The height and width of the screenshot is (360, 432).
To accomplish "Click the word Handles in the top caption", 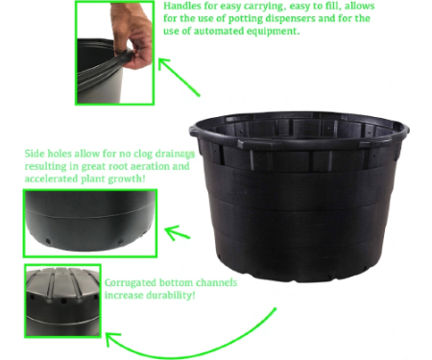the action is click(180, 6).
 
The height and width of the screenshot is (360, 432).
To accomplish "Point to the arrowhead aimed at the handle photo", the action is click(164, 64).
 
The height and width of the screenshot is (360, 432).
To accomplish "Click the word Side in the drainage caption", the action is click(35, 154).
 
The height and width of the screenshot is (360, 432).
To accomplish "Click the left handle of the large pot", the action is click(194, 131).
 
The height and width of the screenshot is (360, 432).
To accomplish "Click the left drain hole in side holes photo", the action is click(48, 241).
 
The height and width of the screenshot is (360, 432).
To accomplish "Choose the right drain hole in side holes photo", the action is click(120, 241).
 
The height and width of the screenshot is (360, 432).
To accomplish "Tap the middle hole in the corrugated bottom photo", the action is click(63, 301).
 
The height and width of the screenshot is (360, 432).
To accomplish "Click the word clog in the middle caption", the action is click(143, 154).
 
